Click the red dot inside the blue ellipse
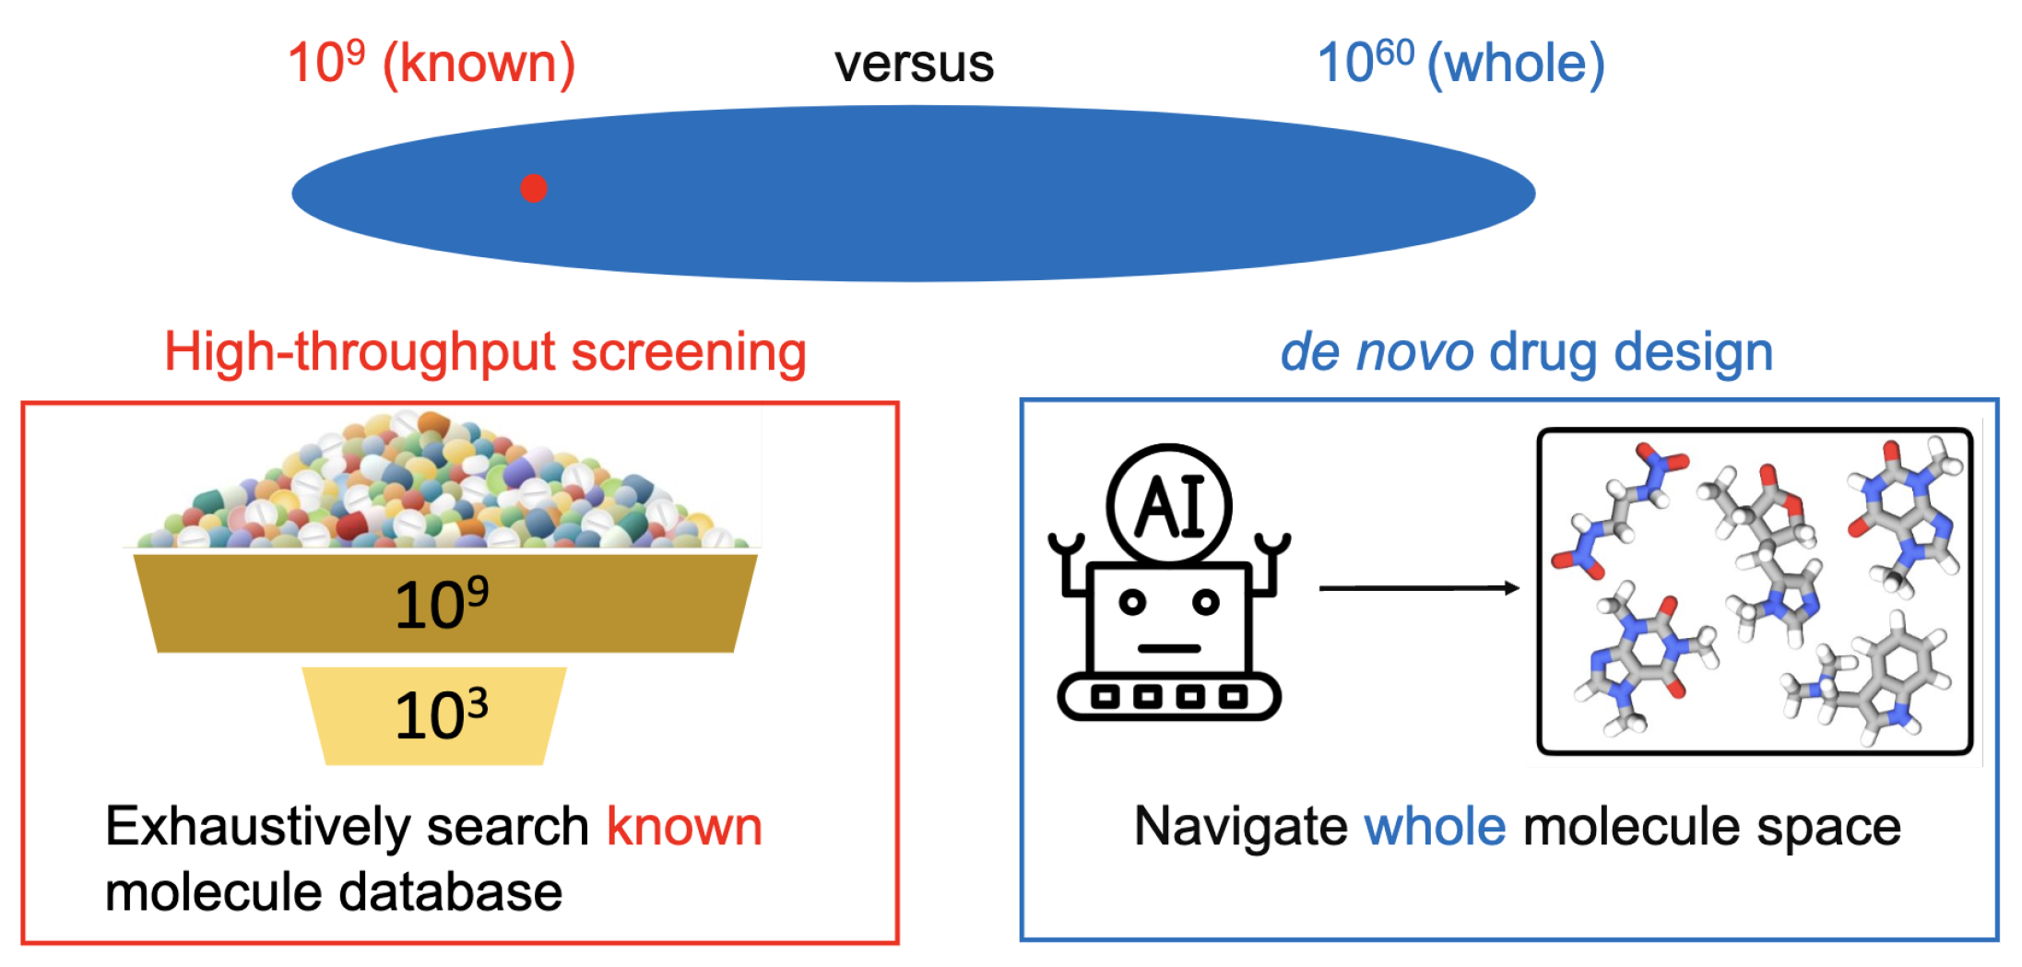click(x=534, y=188)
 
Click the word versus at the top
click(x=914, y=64)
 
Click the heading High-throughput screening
click(x=485, y=352)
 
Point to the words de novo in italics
click(x=1377, y=352)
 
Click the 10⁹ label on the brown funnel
click(x=442, y=604)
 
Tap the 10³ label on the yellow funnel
click(x=442, y=714)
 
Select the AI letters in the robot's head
click(x=1169, y=506)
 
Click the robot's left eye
click(x=1132, y=603)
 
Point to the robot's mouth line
click(x=1168, y=648)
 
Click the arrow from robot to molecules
click(x=1418, y=588)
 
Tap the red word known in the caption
click(x=684, y=826)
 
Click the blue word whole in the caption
click(x=1435, y=826)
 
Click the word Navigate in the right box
click(x=1241, y=826)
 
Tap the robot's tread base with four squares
click(x=1168, y=696)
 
